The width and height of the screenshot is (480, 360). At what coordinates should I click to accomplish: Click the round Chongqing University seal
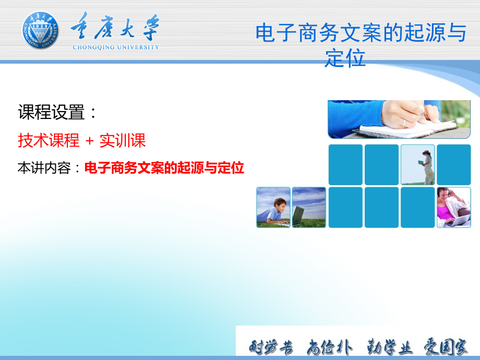point(40,30)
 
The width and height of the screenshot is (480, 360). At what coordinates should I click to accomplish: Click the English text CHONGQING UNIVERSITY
point(116,47)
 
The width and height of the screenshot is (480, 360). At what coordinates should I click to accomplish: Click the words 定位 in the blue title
point(345,57)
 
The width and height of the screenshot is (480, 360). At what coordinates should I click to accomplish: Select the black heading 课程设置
point(52,112)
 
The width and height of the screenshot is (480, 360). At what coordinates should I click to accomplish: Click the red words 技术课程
point(49,140)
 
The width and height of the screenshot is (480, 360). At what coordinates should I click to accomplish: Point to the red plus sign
point(89,141)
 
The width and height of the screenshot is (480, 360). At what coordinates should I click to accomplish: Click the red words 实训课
point(123,140)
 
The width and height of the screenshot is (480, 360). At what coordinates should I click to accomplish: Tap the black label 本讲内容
point(44,168)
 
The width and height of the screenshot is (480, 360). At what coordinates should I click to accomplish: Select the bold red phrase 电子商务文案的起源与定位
point(164,168)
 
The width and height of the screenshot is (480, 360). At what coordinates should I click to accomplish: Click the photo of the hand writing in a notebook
point(399,119)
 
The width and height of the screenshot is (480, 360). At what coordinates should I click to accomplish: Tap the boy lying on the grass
point(273,211)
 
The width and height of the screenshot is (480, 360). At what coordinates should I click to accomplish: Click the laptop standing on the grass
point(298,216)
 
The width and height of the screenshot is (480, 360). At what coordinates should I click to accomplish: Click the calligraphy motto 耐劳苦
point(271,347)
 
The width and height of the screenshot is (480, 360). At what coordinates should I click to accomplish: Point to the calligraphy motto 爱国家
point(446,347)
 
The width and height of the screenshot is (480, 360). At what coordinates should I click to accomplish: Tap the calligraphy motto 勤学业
point(389,347)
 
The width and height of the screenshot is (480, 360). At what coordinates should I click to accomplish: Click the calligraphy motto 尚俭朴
point(329,347)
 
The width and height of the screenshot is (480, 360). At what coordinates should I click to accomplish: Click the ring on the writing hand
point(404,123)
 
